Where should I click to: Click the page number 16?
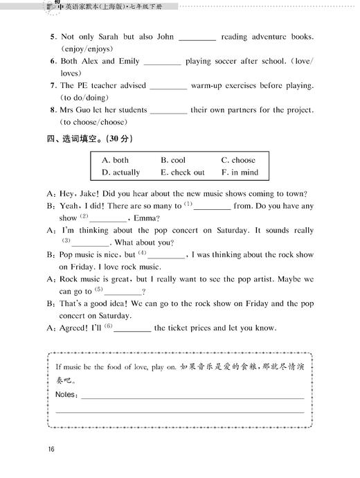pos(51,450)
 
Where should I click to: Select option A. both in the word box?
pos(115,160)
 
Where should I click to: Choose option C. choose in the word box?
pos(238,160)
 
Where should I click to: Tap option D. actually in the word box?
pos(120,172)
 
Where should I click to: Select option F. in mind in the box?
pos(240,172)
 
